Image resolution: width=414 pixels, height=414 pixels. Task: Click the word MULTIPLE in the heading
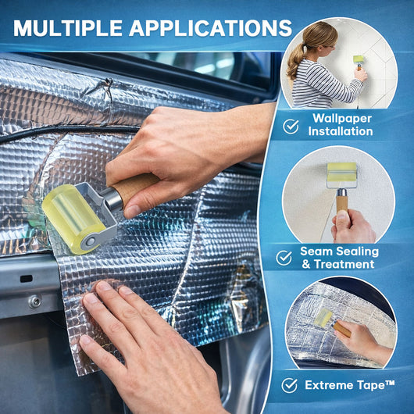click(68, 28)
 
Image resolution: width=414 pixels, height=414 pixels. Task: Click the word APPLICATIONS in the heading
click(210, 28)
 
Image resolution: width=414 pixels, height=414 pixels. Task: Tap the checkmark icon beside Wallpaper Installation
click(291, 127)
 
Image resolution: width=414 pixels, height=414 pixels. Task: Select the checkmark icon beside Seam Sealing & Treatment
click(284, 258)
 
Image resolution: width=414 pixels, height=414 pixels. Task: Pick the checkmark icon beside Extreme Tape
click(289, 385)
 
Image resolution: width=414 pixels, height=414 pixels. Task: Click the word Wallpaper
click(342, 119)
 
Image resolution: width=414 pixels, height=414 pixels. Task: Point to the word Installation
click(341, 131)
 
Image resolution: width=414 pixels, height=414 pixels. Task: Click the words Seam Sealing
click(339, 252)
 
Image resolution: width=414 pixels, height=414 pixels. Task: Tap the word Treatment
click(344, 264)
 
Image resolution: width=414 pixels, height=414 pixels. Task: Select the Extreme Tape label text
click(350, 385)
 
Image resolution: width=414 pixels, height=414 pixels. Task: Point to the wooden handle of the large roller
click(136, 187)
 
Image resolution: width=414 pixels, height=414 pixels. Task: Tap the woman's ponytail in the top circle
click(296, 62)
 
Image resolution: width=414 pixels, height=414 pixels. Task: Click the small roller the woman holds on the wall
click(359, 62)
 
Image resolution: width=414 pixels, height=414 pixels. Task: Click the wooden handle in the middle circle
click(342, 205)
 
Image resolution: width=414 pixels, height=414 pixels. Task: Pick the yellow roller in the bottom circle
click(323, 318)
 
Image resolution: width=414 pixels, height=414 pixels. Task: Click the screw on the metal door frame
click(34, 302)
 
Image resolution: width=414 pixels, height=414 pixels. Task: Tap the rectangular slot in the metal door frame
click(26, 279)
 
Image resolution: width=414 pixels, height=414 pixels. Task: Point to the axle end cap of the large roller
click(91, 241)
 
